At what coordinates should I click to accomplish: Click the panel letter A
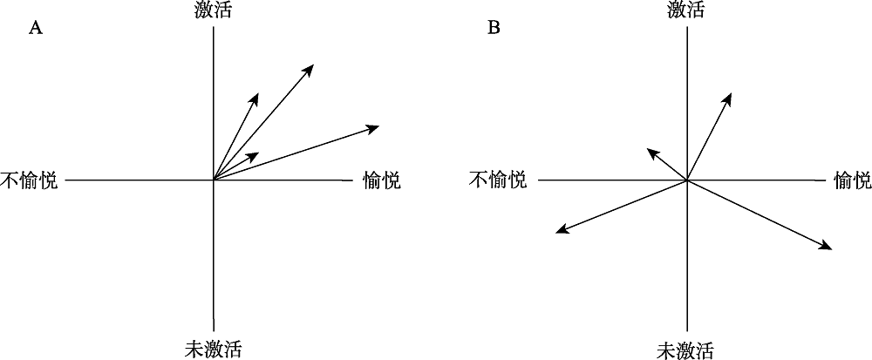[x=36, y=28]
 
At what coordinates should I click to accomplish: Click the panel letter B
[x=494, y=28]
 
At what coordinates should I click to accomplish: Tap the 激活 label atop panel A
[x=214, y=10]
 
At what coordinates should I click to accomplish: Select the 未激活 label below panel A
[x=214, y=350]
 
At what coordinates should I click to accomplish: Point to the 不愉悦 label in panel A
[x=29, y=181]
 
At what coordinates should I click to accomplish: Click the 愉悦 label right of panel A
[x=381, y=181]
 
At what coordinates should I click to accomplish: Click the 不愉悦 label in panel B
[x=498, y=180]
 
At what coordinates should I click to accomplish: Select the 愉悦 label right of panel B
[x=852, y=180]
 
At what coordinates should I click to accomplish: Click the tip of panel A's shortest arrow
[x=258, y=153]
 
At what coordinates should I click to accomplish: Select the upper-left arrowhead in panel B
[x=646, y=149]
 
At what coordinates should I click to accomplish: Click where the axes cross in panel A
[x=214, y=180]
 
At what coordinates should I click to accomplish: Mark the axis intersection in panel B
[x=687, y=180]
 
